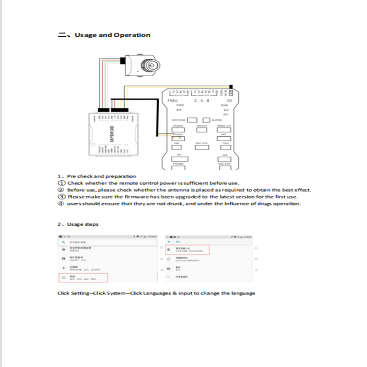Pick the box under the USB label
(177, 148)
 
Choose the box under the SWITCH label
(201, 130)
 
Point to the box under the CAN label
(225, 148)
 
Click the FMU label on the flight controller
(173, 100)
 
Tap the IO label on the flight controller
(229, 100)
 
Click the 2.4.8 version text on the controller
(201, 100)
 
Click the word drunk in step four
(177, 204)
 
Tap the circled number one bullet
(61, 183)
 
